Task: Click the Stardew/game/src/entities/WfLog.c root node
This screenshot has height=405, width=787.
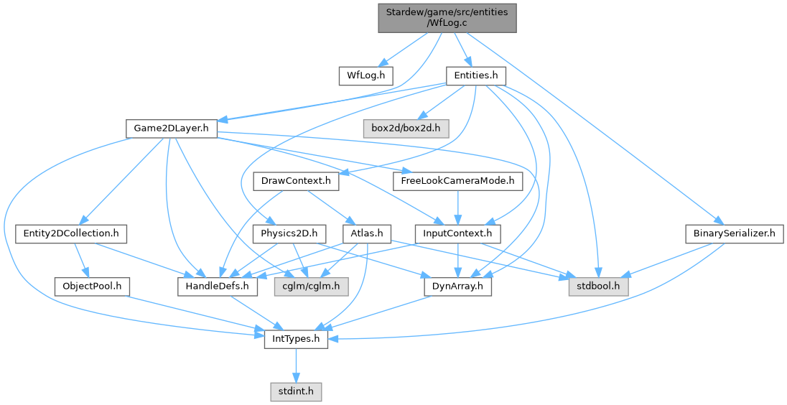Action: point(447,17)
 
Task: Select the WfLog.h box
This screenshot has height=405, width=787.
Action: point(366,75)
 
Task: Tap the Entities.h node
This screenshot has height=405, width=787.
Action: point(476,75)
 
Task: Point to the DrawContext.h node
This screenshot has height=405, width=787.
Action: point(296,181)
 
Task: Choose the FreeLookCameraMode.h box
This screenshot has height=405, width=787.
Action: point(457,181)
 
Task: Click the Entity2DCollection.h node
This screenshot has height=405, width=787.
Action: point(71,233)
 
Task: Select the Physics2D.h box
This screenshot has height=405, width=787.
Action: point(289,233)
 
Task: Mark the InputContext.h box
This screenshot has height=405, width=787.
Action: point(457,233)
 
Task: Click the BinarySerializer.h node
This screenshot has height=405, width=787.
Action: point(733,233)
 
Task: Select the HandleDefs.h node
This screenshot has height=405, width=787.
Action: point(218,286)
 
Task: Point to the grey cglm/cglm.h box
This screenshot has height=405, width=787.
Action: point(311,286)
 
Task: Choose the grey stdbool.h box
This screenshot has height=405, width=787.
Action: point(599,286)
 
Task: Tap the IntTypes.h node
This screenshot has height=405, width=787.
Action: point(296,339)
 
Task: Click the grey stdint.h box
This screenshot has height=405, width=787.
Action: point(296,391)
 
